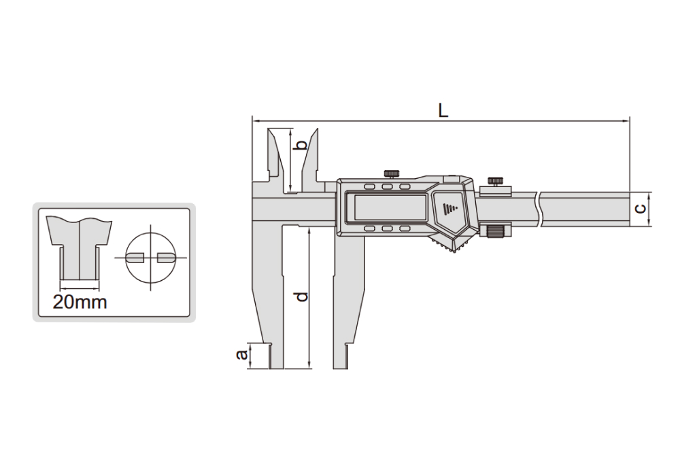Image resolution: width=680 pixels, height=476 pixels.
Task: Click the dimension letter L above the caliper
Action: (443, 111)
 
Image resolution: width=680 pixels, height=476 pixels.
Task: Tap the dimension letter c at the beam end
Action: (640, 209)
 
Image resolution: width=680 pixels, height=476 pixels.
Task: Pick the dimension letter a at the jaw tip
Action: (241, 354)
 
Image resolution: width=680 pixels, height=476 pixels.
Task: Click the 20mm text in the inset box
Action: (80, 302)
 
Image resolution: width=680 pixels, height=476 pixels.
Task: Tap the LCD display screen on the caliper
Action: (390, 207)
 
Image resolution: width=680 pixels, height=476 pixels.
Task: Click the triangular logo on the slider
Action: (449, 207)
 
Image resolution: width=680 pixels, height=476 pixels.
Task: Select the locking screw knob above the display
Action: (392, 174)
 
